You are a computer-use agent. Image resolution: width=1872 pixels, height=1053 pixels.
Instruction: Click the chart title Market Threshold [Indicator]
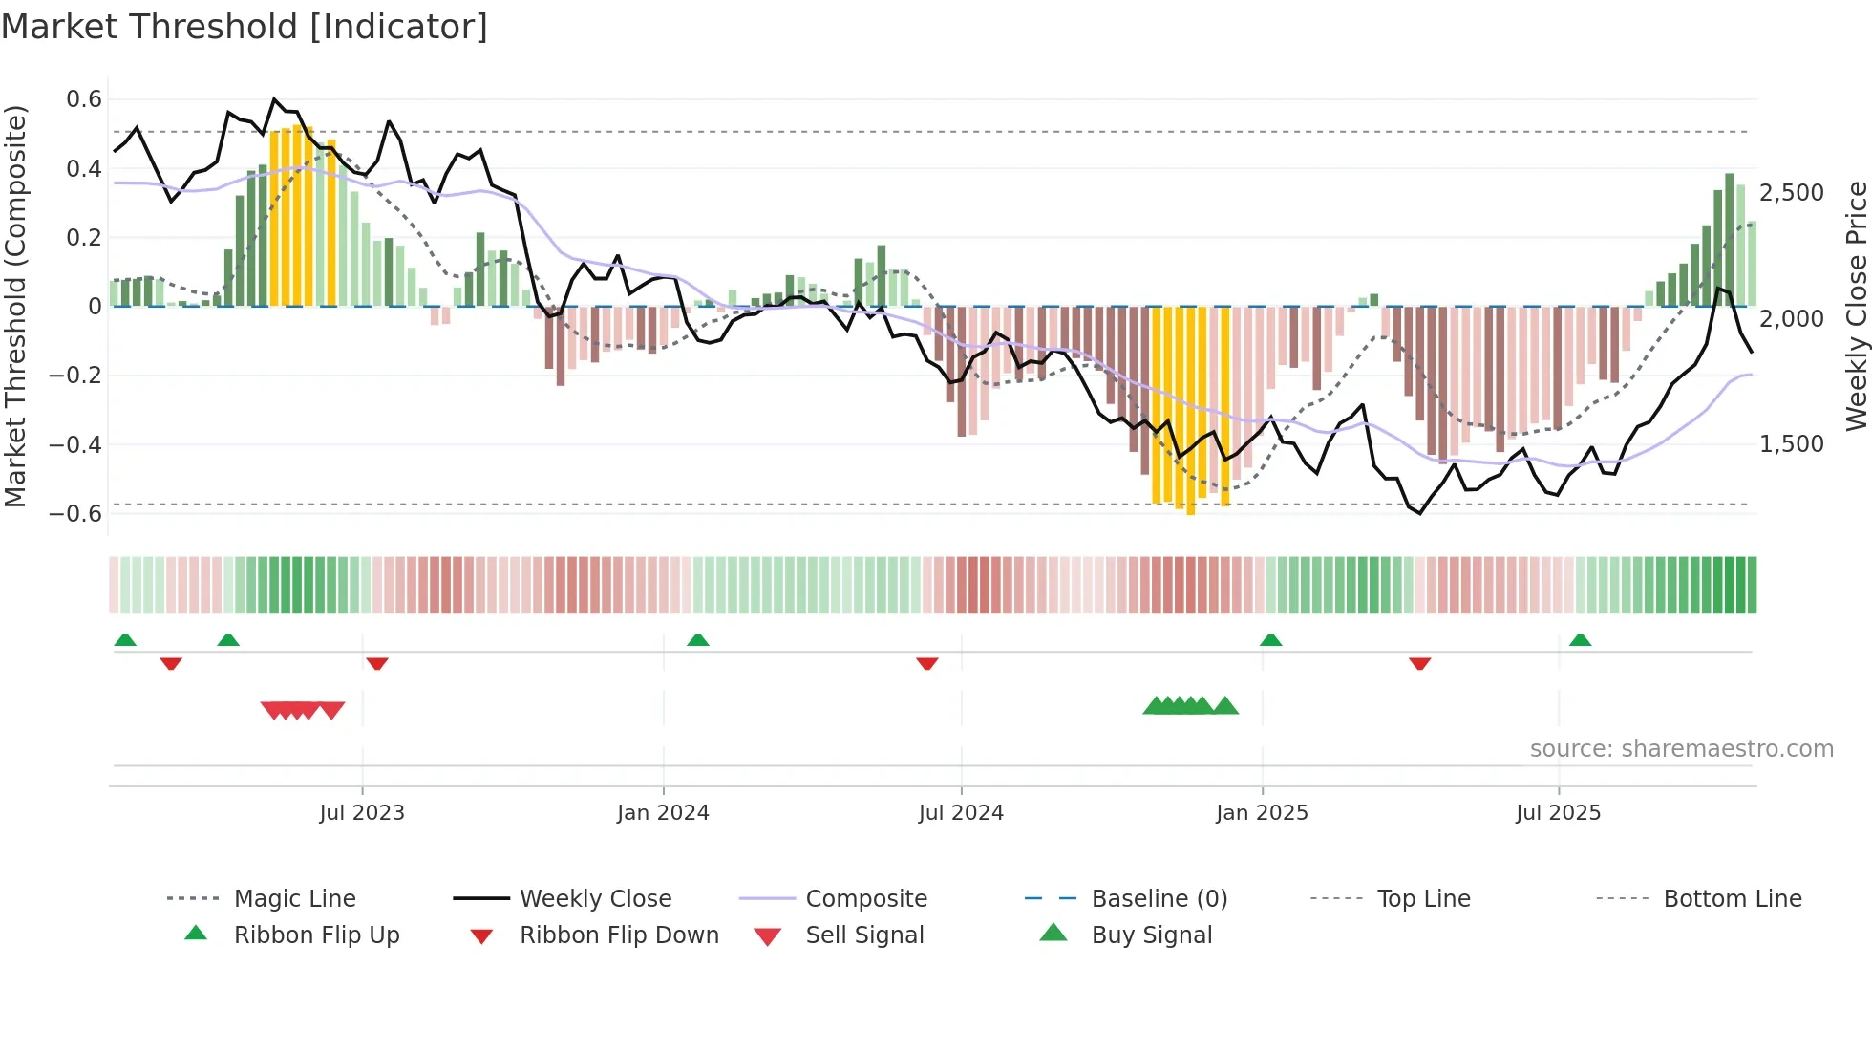(245, 27)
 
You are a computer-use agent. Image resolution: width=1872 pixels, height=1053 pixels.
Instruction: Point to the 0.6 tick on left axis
(84, 99)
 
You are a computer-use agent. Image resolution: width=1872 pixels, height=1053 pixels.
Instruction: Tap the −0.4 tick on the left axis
(75, 444)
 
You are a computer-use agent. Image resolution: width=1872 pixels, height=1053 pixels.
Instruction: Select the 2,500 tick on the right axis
(1792, 193)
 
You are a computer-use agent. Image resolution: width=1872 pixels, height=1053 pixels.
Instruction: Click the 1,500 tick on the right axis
(1792, 444)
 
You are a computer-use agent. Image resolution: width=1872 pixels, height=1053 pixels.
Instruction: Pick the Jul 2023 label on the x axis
(362, 813)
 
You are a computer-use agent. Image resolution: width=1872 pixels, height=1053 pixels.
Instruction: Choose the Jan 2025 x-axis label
(1262, 813)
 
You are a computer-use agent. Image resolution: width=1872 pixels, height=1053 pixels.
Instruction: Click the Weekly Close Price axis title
(1856, 306)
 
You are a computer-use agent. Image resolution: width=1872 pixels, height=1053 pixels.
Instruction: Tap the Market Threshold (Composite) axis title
(15, 306)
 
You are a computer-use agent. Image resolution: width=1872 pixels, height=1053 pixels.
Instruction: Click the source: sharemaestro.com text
(1681, 749)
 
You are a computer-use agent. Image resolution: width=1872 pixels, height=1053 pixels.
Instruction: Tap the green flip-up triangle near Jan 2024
(698, 640)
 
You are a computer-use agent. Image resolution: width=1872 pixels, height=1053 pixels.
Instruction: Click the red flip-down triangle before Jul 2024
(926, 663)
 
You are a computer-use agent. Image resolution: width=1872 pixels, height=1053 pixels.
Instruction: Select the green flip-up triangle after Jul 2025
(1580, 640)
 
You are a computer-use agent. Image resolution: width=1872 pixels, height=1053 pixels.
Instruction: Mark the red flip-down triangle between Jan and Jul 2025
(1419, 663)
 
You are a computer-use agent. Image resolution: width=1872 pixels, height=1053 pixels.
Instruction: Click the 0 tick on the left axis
(95, 307)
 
